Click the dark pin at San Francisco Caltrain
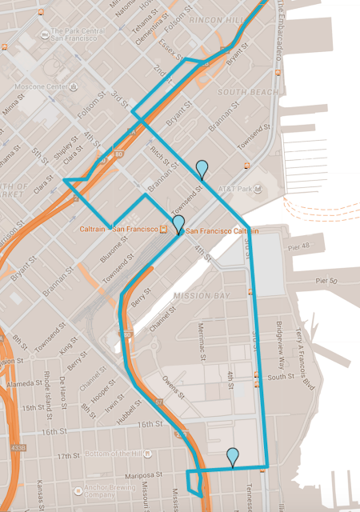click(x=178, y=223)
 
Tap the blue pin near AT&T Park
click(x=202, y=168)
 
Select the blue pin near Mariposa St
click(x=232, y=456)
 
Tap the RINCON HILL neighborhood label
click(x=239, y=21)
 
